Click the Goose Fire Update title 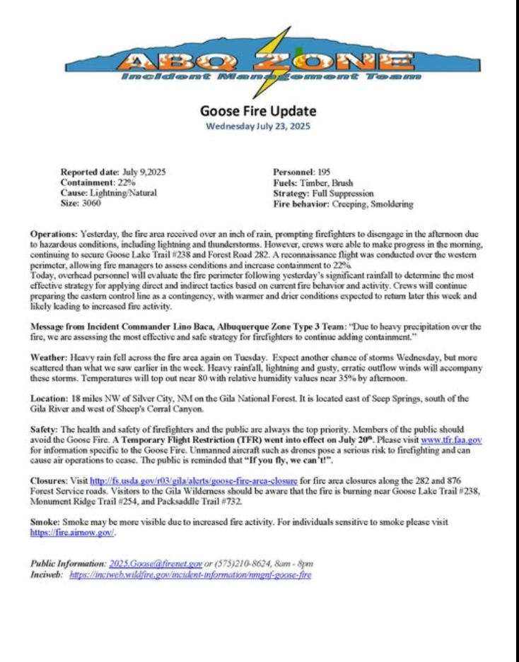click(x=258, y=111)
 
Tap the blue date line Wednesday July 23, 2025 click(x=258, y=126)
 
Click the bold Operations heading click(x=54, y=233)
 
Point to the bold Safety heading click(x=45, y=430)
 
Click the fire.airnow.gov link click(x=71, y=532)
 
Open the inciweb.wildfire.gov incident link click(x=189, y=574)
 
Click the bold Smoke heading click(x=45, y=521)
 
